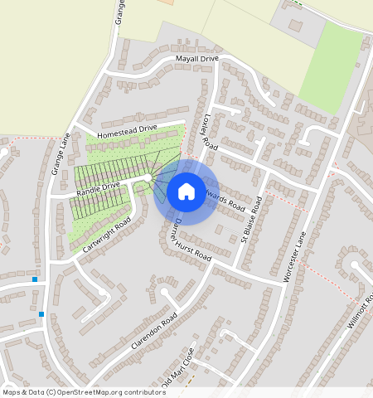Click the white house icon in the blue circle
(x=186, y=192)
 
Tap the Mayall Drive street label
(x=196, y=60)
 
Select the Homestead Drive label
(x=127, y=131)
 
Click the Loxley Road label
(x=210, y=131)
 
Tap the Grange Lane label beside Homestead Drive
(x=60, y=156)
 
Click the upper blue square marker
(x=35, y=279)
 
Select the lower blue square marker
(x=41, y=314)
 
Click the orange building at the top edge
(x=166, y=2)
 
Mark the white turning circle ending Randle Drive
(x=148, y=177)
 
